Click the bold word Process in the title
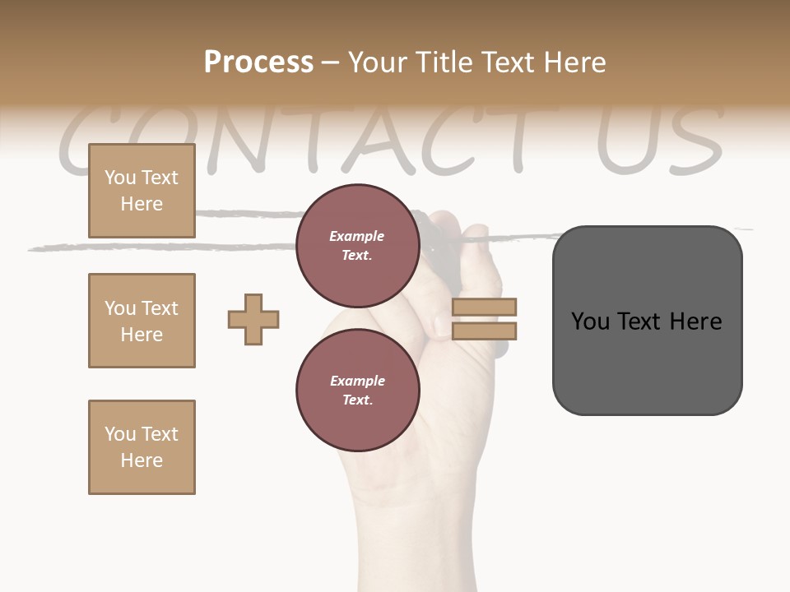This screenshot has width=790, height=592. pos(258,62)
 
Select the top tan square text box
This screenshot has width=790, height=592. pos(142,191)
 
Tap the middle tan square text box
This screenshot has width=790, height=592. pos(142,321)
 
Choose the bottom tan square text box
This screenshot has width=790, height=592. pos(142,447)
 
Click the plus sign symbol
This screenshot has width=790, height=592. pos(253,319)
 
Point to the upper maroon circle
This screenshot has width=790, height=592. pos(357,245)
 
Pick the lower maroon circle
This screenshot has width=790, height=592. pos(357,390)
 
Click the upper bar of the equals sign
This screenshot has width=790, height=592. pos(484,308)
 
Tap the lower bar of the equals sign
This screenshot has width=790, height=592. pos(484,331)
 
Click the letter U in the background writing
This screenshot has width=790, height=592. pos(627,140)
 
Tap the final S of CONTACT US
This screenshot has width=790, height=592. pos(695,140)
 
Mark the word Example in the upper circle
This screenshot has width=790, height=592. pos(356,236)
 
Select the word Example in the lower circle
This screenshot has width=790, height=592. pos(357,381)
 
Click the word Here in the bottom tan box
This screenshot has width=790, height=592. pos(142,460)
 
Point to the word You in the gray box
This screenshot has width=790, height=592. pos(590,321)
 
